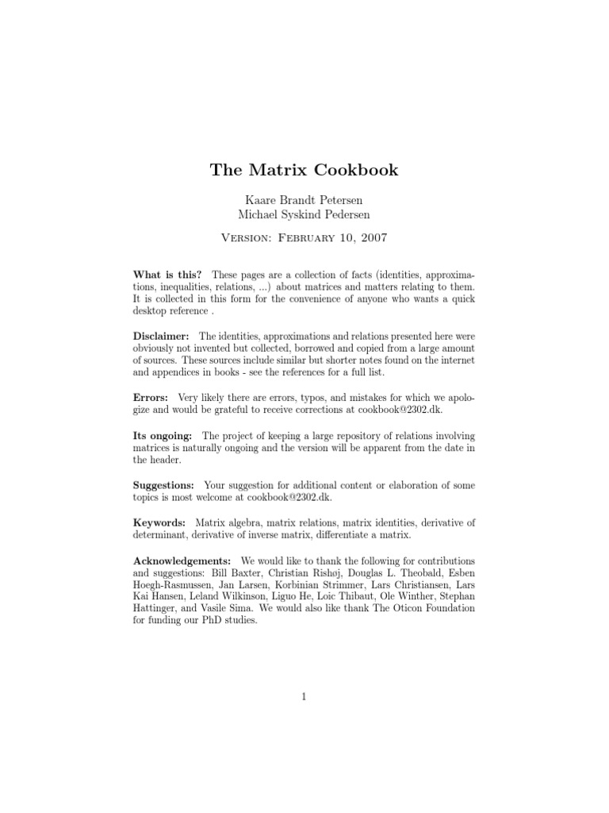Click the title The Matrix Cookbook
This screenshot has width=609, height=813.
click(x=304, y=170)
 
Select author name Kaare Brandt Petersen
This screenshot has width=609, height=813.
click(x=304, y=199)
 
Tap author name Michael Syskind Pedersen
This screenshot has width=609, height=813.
click(x=304, y=214)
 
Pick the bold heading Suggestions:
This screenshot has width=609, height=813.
click(x=164, y=484)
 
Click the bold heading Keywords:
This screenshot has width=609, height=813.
click(x=159, y=522)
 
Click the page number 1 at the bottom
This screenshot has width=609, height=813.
click(x=304, y=697)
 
